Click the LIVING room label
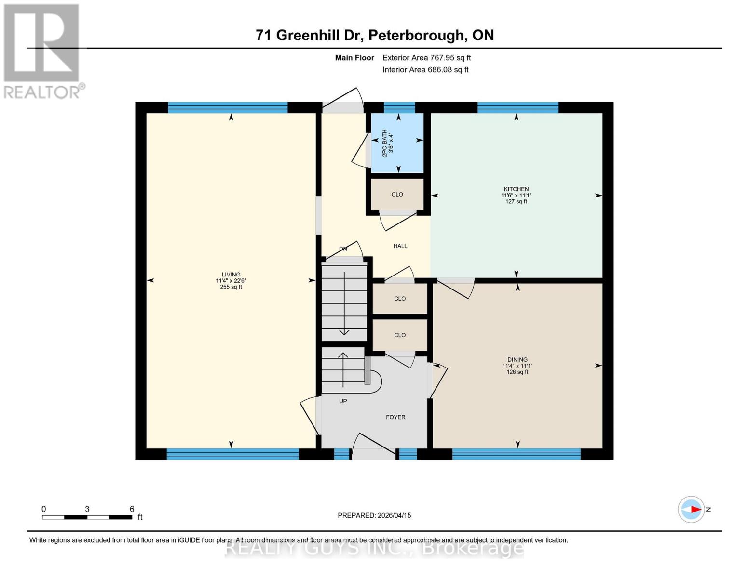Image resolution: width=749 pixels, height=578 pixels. point(231,275)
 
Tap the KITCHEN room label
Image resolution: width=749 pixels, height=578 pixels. point(516,189)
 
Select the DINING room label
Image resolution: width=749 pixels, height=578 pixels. point(517,360)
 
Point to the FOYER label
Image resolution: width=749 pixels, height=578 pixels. point(395,417)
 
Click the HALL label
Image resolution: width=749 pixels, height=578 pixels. point(400,246)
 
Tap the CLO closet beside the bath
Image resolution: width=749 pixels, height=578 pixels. point(397,195)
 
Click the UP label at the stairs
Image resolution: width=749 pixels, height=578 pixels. point(343,401)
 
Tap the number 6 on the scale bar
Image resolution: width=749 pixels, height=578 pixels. point(132,509)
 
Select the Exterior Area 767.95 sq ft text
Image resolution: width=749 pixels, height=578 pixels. point(426,58)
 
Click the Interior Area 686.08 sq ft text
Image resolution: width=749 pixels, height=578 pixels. point(425,70)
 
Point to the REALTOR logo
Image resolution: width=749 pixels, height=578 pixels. point(42,51)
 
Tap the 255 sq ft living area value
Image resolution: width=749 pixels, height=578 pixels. point(231,287)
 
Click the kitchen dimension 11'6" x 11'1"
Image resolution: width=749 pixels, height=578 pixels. point(516,196)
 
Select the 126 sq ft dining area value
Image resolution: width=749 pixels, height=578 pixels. point(517,372)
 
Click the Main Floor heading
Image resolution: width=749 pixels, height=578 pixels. point(354,58)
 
